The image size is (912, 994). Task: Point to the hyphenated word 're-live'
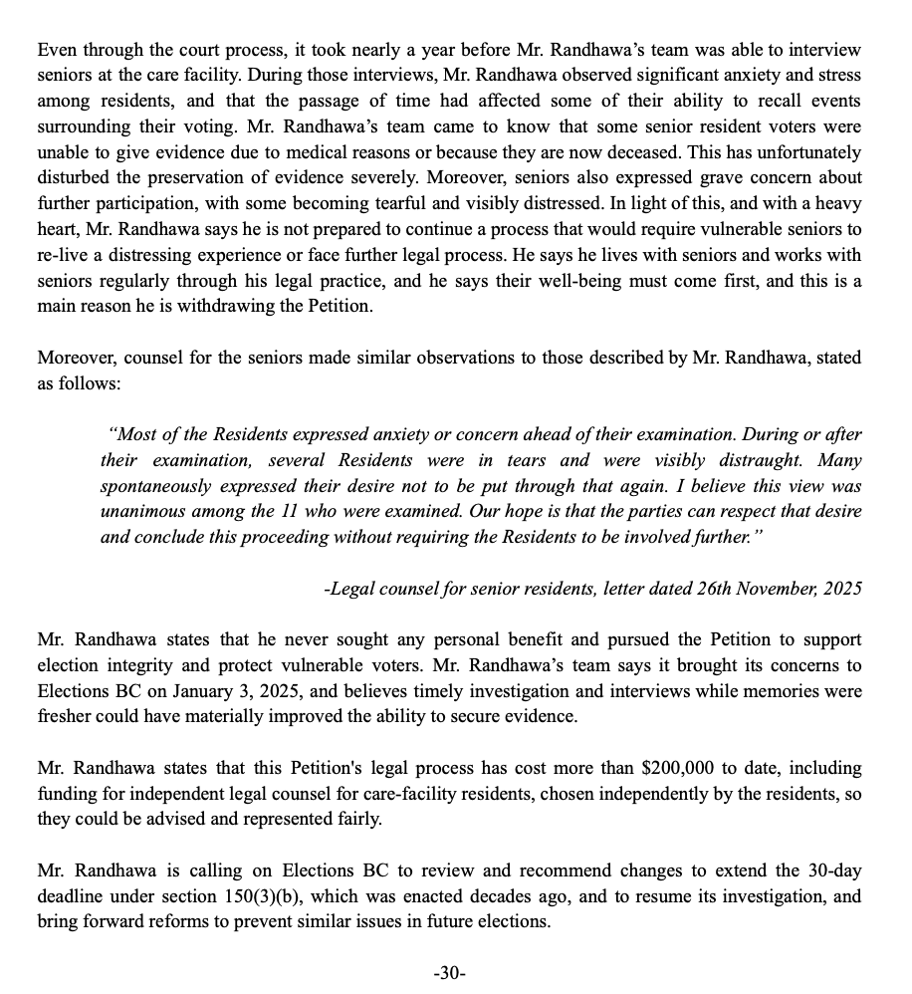(x=63, y=255)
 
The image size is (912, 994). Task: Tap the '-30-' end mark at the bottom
(x=450, y=973)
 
